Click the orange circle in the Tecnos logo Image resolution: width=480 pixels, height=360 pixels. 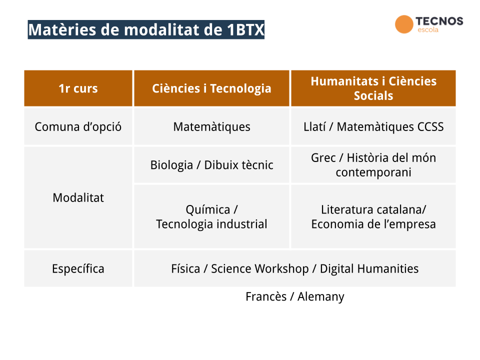click(404, 24)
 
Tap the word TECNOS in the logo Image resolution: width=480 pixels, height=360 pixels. click(439, 21)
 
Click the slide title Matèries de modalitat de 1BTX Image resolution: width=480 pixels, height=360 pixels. click(146, 29)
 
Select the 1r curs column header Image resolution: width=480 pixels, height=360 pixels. click(78, 88)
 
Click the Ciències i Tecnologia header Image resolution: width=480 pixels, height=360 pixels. click(212, 88)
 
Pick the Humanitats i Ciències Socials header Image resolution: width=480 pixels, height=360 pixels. click(373, 88)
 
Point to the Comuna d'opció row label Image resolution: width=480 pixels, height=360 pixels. click(78, 126)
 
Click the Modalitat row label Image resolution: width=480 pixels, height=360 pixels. click(78, 198)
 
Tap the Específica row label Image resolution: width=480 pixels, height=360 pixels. click(78, 269)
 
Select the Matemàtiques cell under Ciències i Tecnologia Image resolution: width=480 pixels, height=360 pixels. click(212, 126)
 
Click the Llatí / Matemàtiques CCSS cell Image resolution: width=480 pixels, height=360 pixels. click(373, 126)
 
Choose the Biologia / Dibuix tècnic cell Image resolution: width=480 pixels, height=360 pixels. click(212, 165)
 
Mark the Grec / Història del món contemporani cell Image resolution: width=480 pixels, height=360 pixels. click(373, 165)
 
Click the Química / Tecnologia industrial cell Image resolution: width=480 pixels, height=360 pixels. click(212, 216)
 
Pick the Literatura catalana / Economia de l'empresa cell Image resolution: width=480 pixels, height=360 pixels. click(373, 216)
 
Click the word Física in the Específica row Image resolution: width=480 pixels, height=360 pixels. click(185, 269)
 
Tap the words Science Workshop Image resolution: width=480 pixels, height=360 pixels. click(260, 269)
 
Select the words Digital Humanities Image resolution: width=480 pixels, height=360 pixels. click(369, 269)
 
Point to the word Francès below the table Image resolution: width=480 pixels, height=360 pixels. click(266, 296)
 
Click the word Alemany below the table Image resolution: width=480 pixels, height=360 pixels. click(321, 297)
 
